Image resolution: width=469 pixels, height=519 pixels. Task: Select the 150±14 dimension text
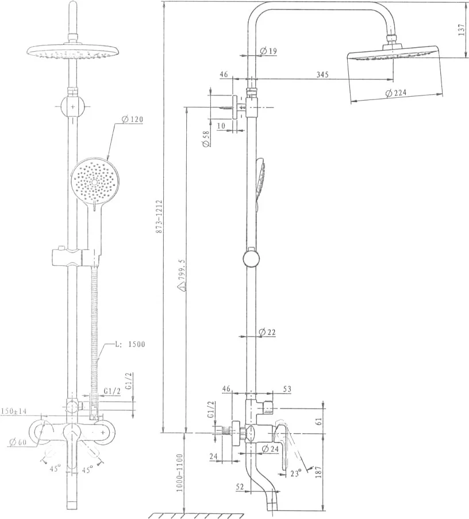click(14, 411)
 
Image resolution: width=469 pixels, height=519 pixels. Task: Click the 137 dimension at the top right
click(462, 29)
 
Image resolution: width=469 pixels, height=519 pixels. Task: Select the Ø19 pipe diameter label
click(268, 51)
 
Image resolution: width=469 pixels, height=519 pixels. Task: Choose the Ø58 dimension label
click(206, 138)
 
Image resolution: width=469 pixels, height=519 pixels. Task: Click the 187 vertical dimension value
click(317, 472)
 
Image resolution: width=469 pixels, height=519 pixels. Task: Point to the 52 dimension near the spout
click(240, 487)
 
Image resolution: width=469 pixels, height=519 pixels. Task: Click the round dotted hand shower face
click(94, 181)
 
